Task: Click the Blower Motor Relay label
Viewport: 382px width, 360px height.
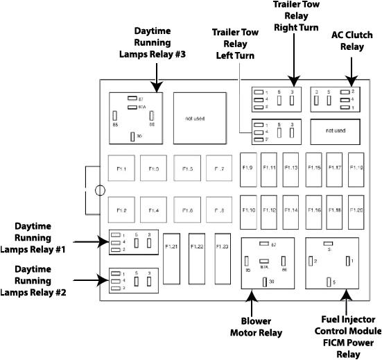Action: tap(260, 327)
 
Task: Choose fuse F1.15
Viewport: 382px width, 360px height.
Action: tap(314, 169)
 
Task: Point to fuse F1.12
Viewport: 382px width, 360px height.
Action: tap(270, 209)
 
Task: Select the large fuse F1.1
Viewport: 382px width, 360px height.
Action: tap(121, 169)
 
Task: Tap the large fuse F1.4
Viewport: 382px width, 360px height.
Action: tap(153, 209)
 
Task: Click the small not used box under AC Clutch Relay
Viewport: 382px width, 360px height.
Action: tap(335, 130)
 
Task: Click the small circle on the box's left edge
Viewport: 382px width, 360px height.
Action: tap(99, 189)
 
